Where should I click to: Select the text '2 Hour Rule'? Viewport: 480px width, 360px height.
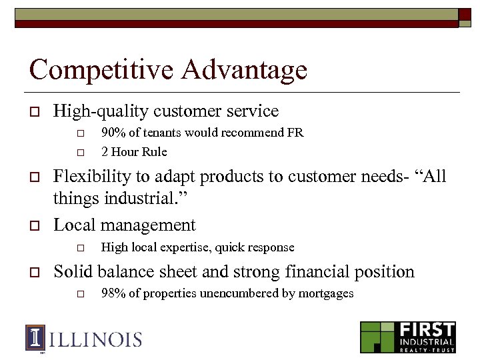[x=134, y=151]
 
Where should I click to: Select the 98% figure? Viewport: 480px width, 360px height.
[x=113, y=293]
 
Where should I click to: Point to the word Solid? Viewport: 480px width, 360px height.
[x=73, y=272]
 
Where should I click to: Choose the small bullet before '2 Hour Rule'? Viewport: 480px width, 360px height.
[x=81, y=152]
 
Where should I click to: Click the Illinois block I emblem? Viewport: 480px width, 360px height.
[x=35, y=338]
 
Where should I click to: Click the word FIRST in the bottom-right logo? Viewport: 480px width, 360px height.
[x=427, y=330]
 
